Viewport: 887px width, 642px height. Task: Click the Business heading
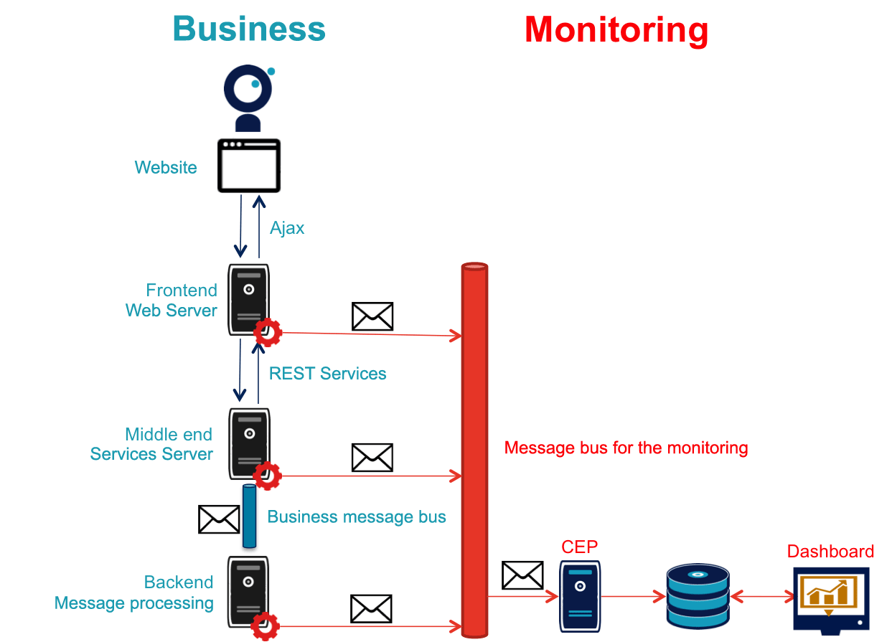click(248, 29)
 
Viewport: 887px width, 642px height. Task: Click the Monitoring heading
click(616, 29)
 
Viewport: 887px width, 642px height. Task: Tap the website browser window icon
click(249, 166)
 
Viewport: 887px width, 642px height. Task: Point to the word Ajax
click(287, 228)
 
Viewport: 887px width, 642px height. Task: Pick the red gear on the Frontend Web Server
click(268, 332)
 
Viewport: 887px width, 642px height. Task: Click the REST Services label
click(327, 374)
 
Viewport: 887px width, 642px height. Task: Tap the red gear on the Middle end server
click(268, 474)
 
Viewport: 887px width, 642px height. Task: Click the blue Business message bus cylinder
click(249, 516)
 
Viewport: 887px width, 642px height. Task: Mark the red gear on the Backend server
click(266, 626)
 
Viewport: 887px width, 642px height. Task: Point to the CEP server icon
click(579, 596)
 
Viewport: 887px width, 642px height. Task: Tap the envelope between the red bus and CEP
click(522, 575)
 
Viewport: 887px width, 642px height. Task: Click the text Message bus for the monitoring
click(626, 448)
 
